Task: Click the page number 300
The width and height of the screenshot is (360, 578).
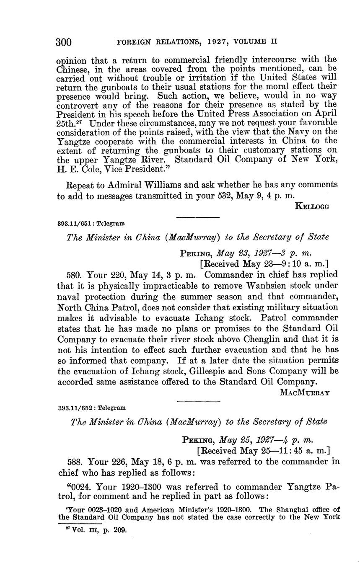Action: click(x=64, y=42)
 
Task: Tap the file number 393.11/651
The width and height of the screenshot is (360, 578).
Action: click(x=74, y=223)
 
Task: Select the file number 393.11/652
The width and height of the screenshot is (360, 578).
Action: click(x=74, y=407)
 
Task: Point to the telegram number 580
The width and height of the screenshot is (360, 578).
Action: click(x=75, y=275)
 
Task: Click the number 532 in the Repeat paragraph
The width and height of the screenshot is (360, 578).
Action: click(x=221, y=196)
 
